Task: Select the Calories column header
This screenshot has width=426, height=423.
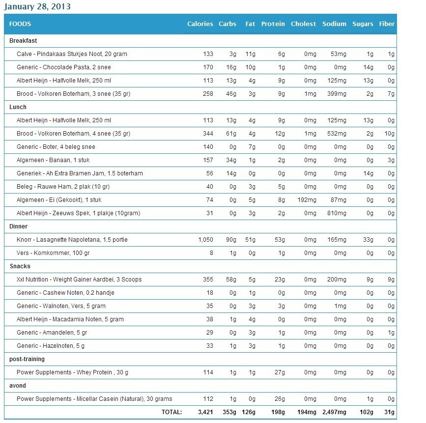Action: [200, 24]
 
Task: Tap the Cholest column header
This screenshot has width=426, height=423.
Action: [303, 24]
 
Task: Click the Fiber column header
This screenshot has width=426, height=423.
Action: [387, 24]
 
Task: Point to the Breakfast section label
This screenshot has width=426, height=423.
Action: [23, 41]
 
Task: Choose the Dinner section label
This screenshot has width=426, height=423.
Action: [19, 226]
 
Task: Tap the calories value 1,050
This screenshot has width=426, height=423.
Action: [205, 240]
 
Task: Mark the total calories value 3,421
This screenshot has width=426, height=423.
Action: [205, 412]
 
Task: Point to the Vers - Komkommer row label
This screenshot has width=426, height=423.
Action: [53, 253]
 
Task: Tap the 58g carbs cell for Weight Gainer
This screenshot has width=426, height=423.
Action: [231, 280]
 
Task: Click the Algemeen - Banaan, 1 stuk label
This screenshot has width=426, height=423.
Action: [53, 160]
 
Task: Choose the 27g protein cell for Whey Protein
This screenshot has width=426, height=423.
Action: [280, 372]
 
